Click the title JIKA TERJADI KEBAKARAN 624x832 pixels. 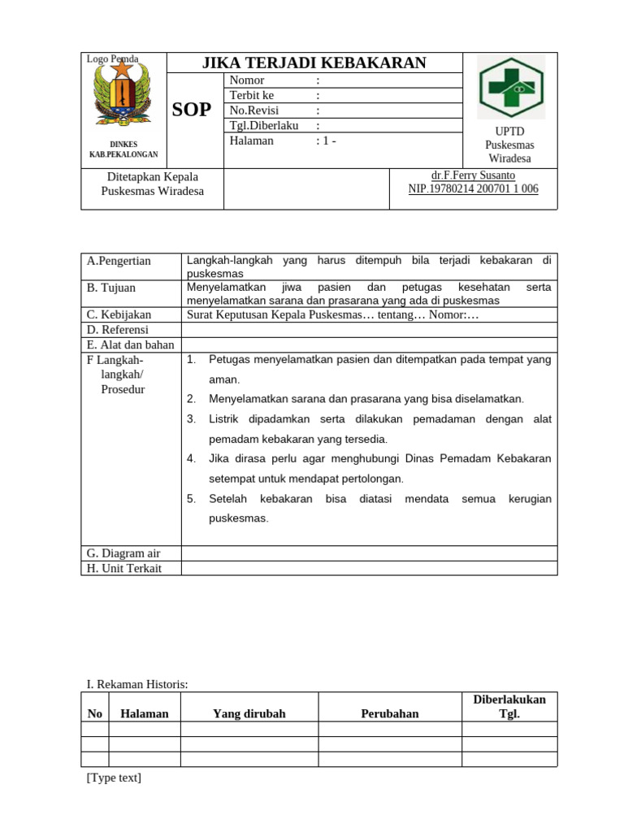click(x=314, y=63)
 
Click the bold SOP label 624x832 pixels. click(x=193, y=110)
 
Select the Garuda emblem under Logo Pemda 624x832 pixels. click(x=123, y=95)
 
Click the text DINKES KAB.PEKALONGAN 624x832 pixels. click(x=123, y=149)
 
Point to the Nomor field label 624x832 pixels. click(x=247, y=80)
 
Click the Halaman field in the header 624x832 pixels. click(x=252, y=141)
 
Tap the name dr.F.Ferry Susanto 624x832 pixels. click(x=473, y=175)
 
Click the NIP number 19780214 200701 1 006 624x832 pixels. click(x=473, y=189)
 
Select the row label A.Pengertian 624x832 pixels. click(x=119, y=261)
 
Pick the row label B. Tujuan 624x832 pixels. click(x=111, y=288)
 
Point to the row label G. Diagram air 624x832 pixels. click(x=123, y=552)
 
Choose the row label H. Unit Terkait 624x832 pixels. click(x=124, y=568)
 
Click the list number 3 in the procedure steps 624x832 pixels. click(x=192, y=419)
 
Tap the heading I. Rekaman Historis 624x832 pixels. click(x=137, y=684)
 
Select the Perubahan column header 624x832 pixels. click(x=390, y=713)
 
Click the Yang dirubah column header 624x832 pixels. click(x=249, y=713)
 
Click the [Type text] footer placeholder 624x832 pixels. click(x=114, y=778)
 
